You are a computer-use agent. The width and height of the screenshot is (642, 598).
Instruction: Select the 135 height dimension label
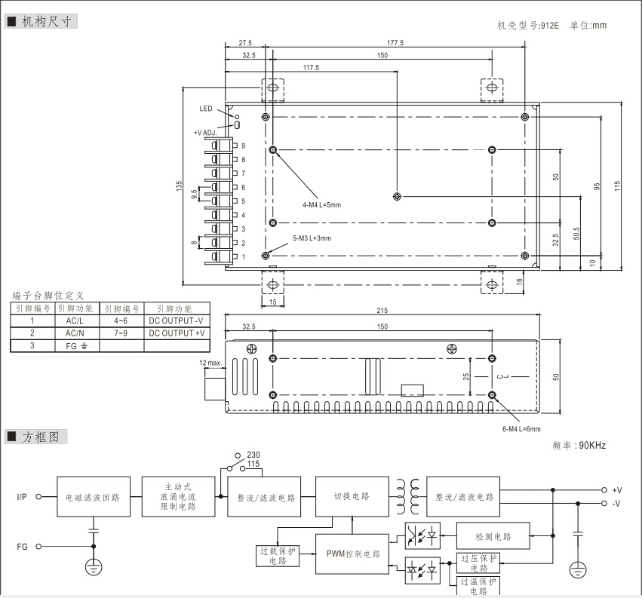click(179, 185)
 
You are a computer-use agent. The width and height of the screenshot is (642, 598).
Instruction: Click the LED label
click(207, 109)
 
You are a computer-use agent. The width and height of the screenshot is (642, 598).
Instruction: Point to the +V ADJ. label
click(205, 132)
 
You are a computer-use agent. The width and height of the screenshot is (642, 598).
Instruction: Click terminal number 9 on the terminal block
click(244, 146)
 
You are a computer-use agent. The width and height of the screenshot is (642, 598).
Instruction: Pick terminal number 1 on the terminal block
click(244, 257)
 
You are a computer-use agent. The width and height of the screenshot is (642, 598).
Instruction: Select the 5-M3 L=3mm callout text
click(312, 238)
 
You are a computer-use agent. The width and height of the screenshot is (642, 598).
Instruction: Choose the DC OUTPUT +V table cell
click(177, 333)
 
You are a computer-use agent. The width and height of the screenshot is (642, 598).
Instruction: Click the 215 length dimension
click(382, 311)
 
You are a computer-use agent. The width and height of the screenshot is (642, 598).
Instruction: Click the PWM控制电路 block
click(352, 554)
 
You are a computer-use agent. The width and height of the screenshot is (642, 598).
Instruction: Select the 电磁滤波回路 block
click(93, 498)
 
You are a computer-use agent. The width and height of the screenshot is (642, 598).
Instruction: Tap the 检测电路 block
click(493, 537)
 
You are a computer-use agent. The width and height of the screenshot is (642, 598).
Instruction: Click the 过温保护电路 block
click(478, 586)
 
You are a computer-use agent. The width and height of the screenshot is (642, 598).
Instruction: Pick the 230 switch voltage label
click(253, 454)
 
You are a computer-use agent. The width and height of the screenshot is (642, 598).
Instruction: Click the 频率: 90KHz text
click(579, 446)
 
